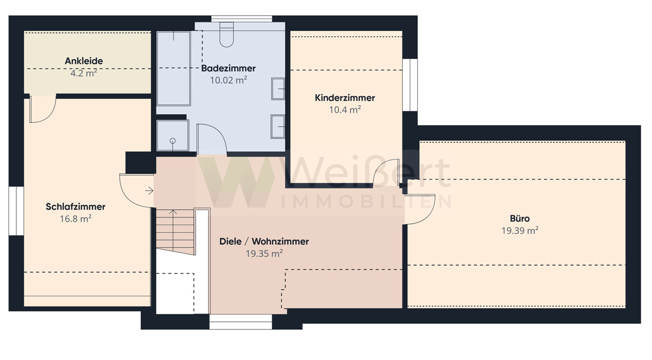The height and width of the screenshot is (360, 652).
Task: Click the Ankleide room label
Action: pyautogui.click(x=84, y=61)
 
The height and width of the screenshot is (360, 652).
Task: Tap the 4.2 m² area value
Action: pyautogui.click(x=84, y=73)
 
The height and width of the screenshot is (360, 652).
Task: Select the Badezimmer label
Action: pyautogui.click(x=229, y=68)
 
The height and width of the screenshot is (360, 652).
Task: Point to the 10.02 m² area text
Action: pyautogui.click(x=229, y=80)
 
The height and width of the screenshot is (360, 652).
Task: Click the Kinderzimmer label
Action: pyautogui.click(x=345, y=98)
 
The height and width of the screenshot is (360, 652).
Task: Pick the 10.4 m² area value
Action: pyautogui.click(x=345, y=110)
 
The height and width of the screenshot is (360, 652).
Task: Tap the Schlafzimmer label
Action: pyautogui.click(x=76, y=207)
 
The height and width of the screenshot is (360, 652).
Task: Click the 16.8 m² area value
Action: pyautogui.click(x=76, y=219)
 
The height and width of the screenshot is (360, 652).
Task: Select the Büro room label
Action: pyautogui.click(x=520, y=218)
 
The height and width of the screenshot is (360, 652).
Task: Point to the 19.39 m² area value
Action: pyautogui.click(x=520, y=230)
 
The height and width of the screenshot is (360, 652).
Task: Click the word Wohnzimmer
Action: pyautogui.click(x=280, y=241)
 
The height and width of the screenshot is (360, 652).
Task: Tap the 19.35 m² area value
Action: pyautogui.click(x=264, y=254)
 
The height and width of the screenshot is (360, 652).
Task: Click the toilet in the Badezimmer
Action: pyautogui.click(x=227, y=35)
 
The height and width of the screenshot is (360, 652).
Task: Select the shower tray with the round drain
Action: pyautogui.click(x=173, y=135)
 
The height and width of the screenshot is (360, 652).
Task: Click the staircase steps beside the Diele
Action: pyautogui.click(x=175, y=232)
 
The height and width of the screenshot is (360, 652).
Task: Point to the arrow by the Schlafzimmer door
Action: pyautogui.click(x=149, y=191)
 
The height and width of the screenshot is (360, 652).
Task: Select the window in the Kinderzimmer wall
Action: pyautogui.click(x=410, y=85)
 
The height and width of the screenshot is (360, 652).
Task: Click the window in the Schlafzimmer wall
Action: pyautogui.click(x=16, y=211)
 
